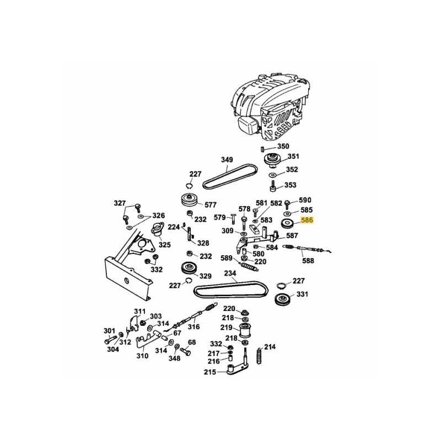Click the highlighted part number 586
tap(306, 220)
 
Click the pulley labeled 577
tap(190, 200)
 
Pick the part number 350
tap(283, 146)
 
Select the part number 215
tap(210, 372)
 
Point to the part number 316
tap(193, 326)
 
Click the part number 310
tap(142, 356)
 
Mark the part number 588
tap(308, 260)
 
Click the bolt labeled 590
tap(287, 203)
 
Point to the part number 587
tap(292, 235)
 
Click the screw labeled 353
tap(272, 186)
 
